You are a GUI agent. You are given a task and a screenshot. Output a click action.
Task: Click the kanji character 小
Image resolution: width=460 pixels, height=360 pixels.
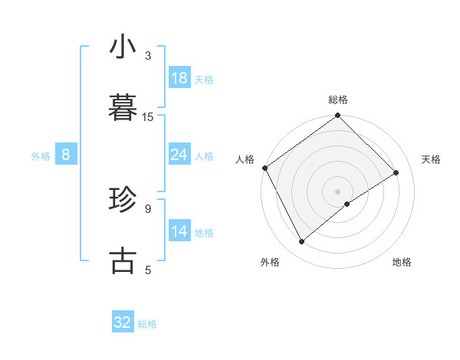[x=123, y=47]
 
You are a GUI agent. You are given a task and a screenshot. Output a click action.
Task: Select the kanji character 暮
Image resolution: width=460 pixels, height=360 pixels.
[x=123, y=107]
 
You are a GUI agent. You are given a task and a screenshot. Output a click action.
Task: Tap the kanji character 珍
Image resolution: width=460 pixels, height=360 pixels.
[x=123, y=201]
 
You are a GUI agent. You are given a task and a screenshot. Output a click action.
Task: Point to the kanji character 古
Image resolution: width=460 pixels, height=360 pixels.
[x=123, y=260]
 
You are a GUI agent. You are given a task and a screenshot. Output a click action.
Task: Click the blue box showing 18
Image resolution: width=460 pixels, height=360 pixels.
[x=179, y=79]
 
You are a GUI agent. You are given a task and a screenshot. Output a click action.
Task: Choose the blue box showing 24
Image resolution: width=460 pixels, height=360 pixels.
[x=179, y=155]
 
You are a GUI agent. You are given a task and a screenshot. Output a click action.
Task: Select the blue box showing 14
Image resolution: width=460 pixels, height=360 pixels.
[x=179, y=232]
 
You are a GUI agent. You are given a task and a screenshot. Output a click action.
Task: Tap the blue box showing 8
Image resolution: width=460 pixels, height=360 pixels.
[x=66, y=155]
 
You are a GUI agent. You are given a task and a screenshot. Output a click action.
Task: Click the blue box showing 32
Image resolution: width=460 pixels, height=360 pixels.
[x=123, y=322]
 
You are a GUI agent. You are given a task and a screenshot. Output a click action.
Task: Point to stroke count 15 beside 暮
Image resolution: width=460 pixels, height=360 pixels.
[x=148, y=116]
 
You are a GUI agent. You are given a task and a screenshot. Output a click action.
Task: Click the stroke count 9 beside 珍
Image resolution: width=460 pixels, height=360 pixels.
[x=148, y=208]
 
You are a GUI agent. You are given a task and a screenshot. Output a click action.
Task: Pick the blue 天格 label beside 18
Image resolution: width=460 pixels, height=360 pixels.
[x=204, y=80]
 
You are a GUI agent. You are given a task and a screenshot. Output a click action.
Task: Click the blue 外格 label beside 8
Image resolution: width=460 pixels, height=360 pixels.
[x=41, y=156]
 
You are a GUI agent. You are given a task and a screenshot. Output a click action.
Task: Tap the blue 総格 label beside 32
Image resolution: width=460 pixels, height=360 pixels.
[x=147, y=323]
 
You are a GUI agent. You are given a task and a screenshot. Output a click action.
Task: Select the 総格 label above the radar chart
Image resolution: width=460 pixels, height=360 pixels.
[x=338, y=100]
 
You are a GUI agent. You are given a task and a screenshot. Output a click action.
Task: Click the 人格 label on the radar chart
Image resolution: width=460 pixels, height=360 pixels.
[x=245, y=159]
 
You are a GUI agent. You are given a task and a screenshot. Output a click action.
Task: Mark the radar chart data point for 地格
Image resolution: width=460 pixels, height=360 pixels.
[x=347, y=203]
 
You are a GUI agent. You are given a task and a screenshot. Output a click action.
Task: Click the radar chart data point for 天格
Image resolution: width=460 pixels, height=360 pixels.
[x=396, y=173]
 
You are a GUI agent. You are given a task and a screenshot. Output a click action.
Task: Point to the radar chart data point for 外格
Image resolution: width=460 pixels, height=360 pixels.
[x=302, y=242]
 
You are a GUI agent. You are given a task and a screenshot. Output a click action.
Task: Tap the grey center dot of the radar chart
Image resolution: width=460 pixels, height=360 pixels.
[x=337, y=191]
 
